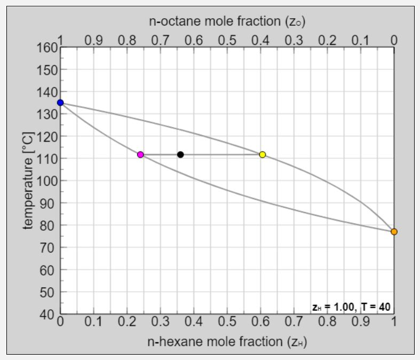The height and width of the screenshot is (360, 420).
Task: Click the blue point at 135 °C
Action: click(60, 103)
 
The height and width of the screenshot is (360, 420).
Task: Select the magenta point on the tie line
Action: click(140, 155)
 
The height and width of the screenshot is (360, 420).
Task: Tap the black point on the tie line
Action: click(180, 155)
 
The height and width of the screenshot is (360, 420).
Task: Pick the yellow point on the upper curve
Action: click(263, 155)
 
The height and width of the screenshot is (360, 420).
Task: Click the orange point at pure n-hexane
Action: click(394, 231)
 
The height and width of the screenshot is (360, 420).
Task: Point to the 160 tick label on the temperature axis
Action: click(46, 48)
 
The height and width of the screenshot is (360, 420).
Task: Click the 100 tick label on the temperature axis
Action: click(46, 181)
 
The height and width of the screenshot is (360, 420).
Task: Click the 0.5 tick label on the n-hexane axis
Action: click(227, 323)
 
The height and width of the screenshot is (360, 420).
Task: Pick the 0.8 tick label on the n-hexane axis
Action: click(327, 323)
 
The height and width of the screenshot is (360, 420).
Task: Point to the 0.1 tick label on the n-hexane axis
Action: click(93, 323)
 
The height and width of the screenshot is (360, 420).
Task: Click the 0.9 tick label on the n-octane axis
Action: click(93, 40)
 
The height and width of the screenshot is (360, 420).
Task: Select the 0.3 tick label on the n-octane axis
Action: click(294, 40)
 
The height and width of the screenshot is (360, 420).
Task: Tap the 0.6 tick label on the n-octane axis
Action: click(194, 40)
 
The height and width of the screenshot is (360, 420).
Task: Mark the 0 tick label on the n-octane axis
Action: click(394, 40)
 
